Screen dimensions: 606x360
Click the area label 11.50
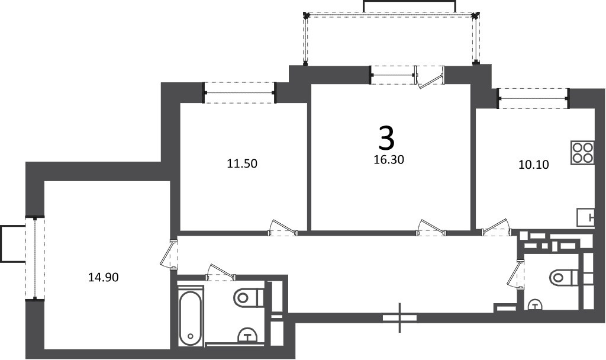pos(242,163)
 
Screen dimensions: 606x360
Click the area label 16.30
pos(389,159)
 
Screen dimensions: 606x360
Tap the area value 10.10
pos(533,165)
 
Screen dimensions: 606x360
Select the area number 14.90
pos(103,277)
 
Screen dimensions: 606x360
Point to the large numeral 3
pos(386,139)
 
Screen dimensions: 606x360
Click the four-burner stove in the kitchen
pos(582,153)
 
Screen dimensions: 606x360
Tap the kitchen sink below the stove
pos(585,218)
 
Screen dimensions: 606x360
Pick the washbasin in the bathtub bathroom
pos(248,336)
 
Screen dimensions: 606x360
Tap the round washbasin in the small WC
pos(535,305)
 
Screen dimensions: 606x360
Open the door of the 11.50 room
pos(282,228)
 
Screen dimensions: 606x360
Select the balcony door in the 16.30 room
pos(430,78)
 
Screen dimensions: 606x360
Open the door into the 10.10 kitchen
pos(497,228)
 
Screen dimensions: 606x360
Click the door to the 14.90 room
pos(169,253)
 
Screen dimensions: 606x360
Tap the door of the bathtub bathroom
pos(220,272)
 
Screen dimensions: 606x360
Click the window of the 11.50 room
pos(239,93)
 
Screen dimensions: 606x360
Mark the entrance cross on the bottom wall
pos(400,317)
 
